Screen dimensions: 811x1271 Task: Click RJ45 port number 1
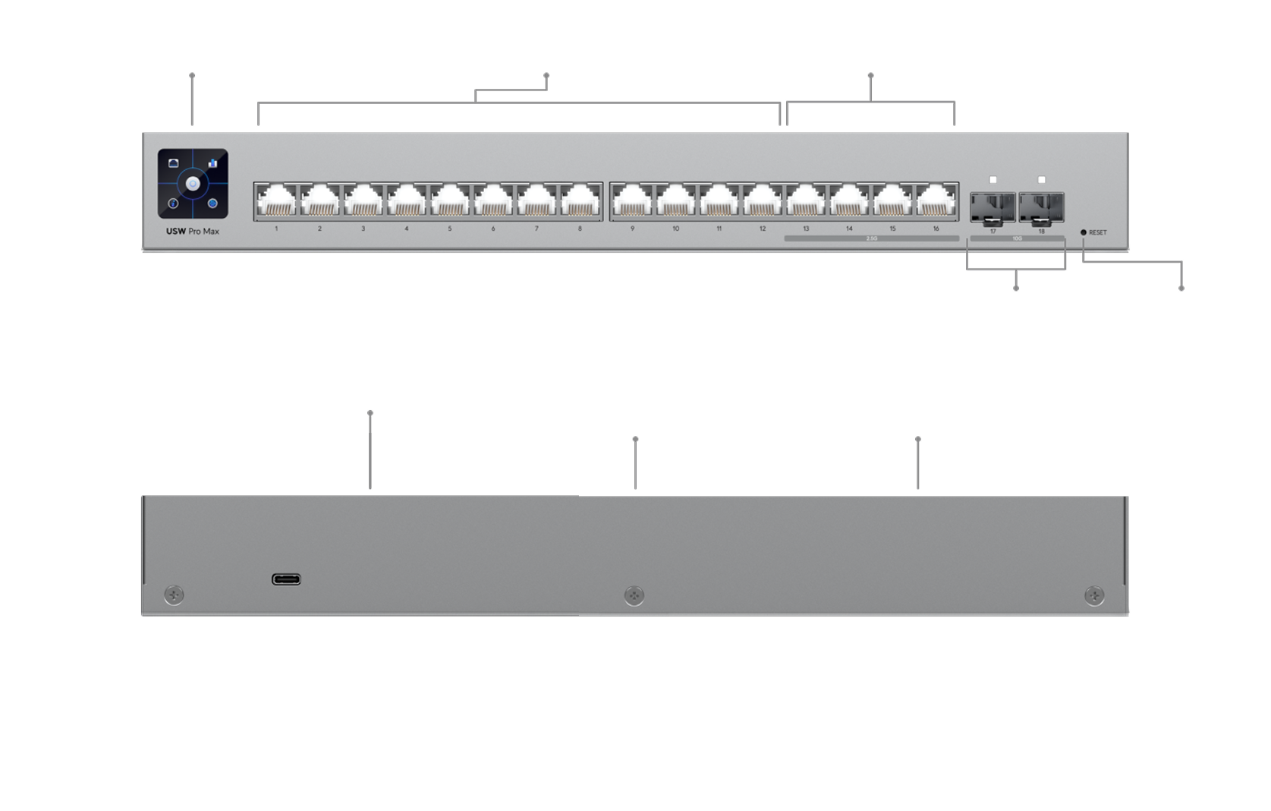pyautogui.click(x=276, y=202)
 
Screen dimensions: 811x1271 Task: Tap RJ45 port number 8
pyautogui.click(x=580, y=202)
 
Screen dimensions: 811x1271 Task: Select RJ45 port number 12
pyautogui.click(x=763, y=202)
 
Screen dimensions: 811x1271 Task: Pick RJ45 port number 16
pyautogui.click(x=936, y=202)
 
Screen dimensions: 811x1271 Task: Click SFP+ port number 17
pyautogui.click(x=993, y=207)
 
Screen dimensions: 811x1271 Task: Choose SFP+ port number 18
pyautogui.click(x=1041, y=207)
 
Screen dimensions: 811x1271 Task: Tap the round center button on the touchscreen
pyautogui.click(x=193, y=184)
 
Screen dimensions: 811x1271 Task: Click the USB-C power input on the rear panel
pyautogui.click(x=286, y=579)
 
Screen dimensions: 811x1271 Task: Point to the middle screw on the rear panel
pyautogui.click(x=634, y=595)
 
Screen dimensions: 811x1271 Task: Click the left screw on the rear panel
pyautogui.click(x=174, y=595)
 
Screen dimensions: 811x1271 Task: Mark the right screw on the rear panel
pyautogui.click(x=1093, y=595)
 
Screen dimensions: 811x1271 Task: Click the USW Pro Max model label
pyautogui.click(x=193, y=231)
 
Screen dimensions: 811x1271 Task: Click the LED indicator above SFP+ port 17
pyautogui.click(x=993, y=180)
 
